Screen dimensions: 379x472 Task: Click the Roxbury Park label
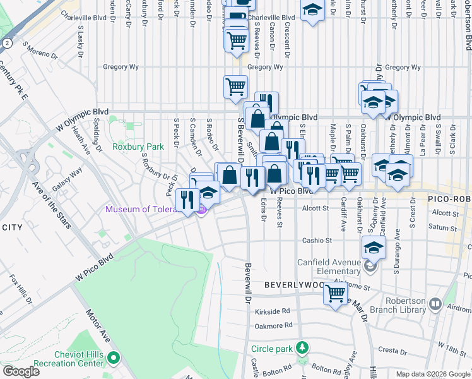pos(138,147)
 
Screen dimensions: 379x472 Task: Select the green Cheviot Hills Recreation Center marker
pos(114,359)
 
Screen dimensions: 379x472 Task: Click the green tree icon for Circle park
pos(303,348)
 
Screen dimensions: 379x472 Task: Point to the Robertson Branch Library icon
pos(435,305)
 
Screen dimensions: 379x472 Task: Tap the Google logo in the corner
pos(21,371)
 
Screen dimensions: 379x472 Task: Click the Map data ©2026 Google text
pos(432,374)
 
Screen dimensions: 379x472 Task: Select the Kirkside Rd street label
pos(273,311)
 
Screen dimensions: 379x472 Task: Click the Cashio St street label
pos(316,241)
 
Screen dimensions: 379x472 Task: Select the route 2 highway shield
pos(6,43)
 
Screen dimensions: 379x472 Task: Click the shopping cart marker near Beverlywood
pos(336,292)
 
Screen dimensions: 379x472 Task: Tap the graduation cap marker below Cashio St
pos(374,248)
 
